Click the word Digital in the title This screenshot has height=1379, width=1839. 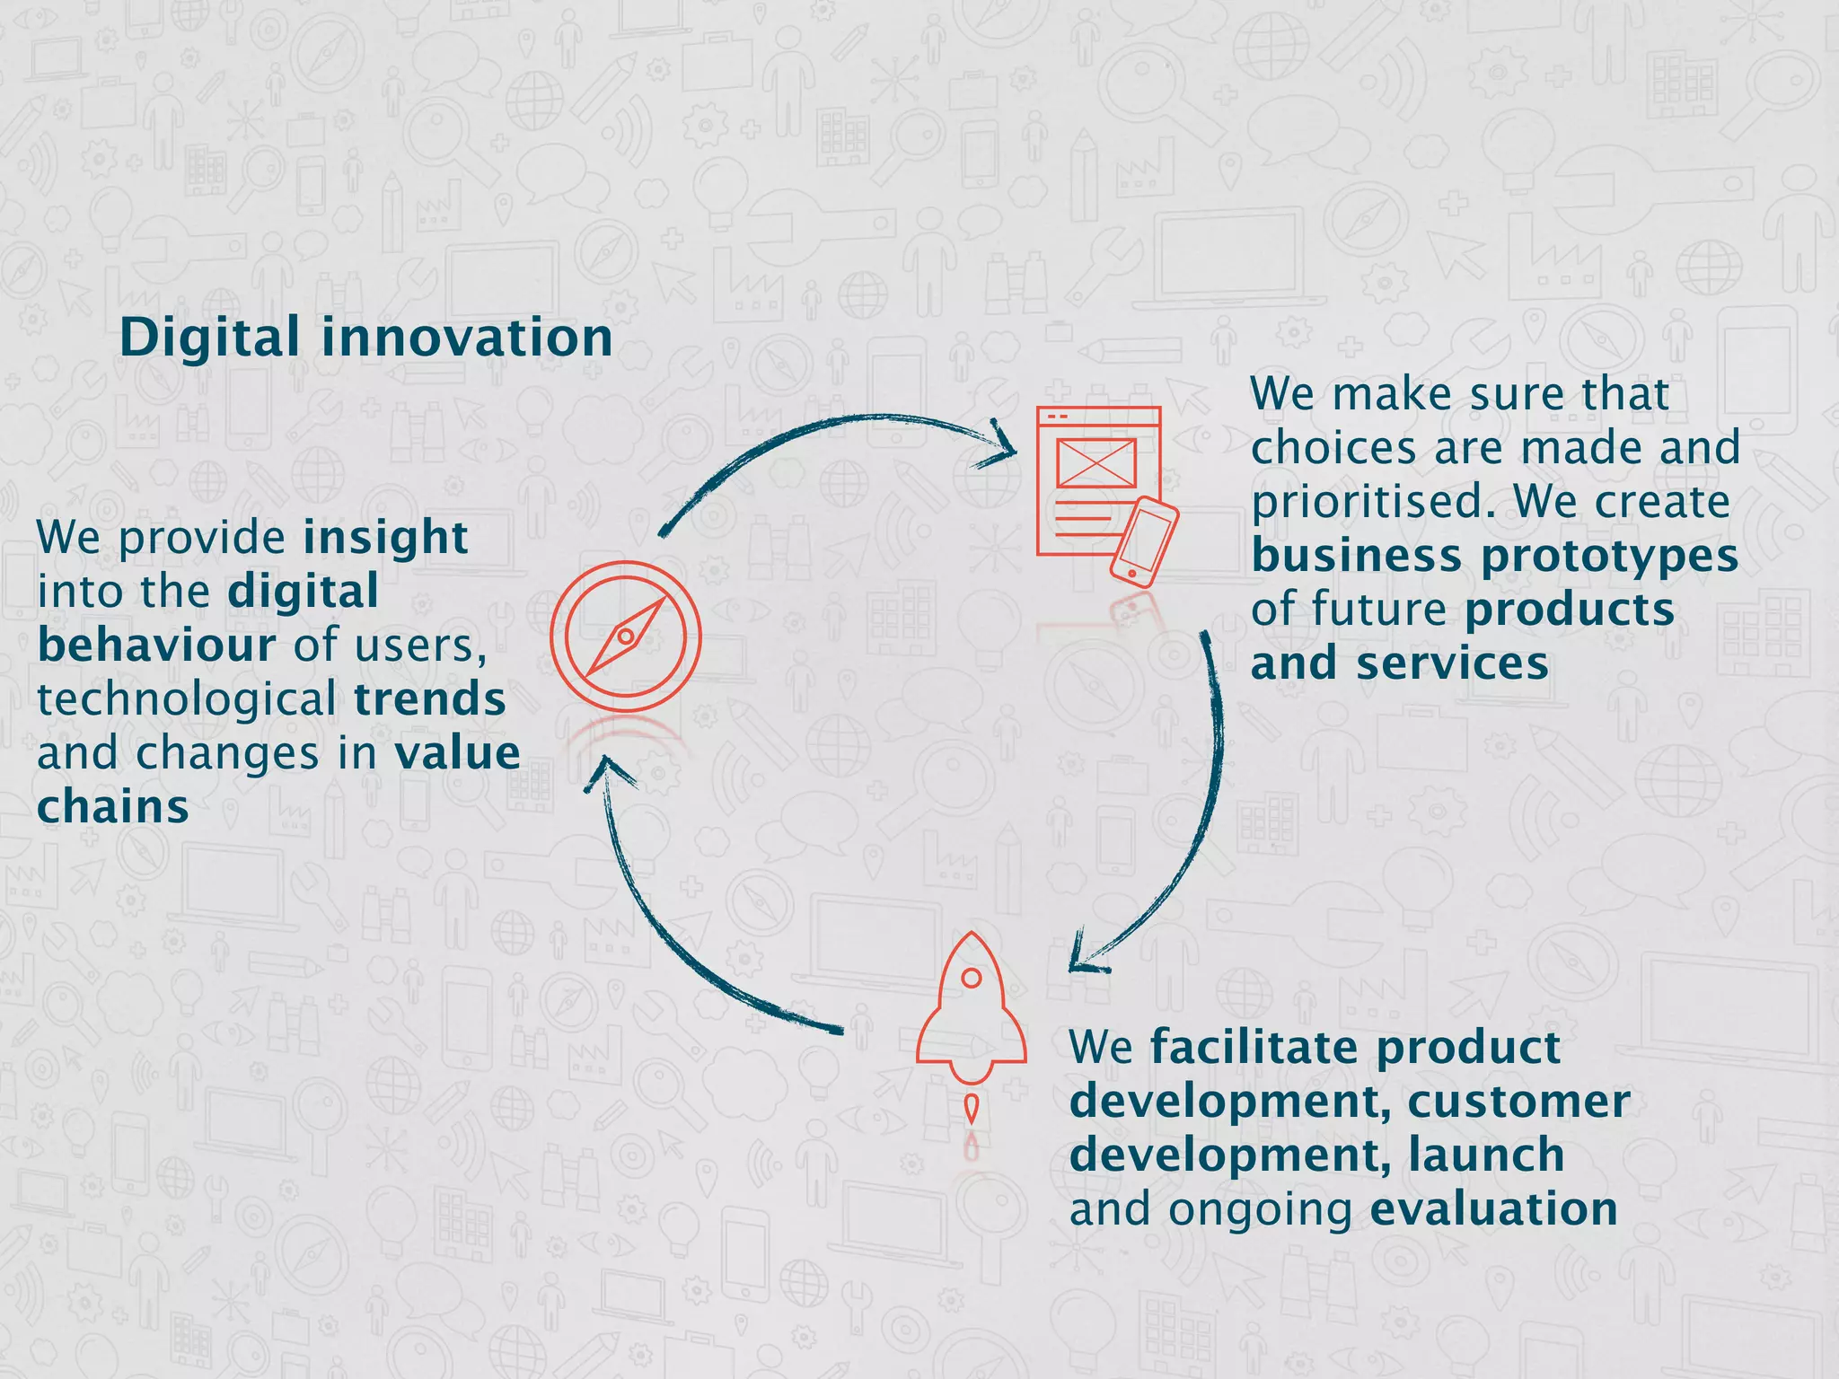(x=209, y=338)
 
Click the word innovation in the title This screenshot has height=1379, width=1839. (x=467, y=338)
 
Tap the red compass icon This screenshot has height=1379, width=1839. (x=626, y=637)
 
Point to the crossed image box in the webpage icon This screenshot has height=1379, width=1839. (x=1096, y=463)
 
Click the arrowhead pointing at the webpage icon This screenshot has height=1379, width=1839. (x=999, y=444)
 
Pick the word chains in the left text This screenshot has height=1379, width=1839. (x=113, y=807)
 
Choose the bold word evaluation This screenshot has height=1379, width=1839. (x=1493, y=1209)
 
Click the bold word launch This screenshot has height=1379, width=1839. (x=1486, y=1155)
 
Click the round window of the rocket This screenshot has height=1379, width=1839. (x=971, y=978)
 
